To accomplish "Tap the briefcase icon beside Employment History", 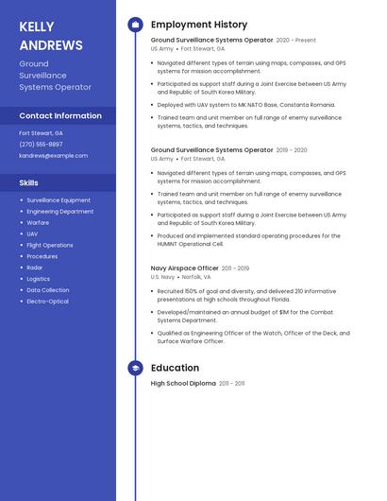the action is click(135, 25).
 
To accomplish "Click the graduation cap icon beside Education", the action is click(135, 368).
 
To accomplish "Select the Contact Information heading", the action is click(60, 115).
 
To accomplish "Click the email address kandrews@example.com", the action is click(53, 155).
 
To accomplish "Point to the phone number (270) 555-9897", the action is click(41, 145).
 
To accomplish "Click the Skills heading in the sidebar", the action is click(29, 182).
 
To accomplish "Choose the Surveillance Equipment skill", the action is click(59, 200).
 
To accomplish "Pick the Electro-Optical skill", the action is click(47, 302).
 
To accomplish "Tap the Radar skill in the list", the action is click(34, 268).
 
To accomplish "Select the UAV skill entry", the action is click(32, 233).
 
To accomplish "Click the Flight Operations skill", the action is click(50, 245).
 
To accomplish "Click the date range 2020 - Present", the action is click(295, 41).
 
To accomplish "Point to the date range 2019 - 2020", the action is click(292, 149).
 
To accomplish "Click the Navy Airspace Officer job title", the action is click(184, 268).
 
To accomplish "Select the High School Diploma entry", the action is click(183, 384).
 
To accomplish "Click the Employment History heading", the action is click(199, 25).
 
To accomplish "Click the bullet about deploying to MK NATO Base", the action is click(245, 104).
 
